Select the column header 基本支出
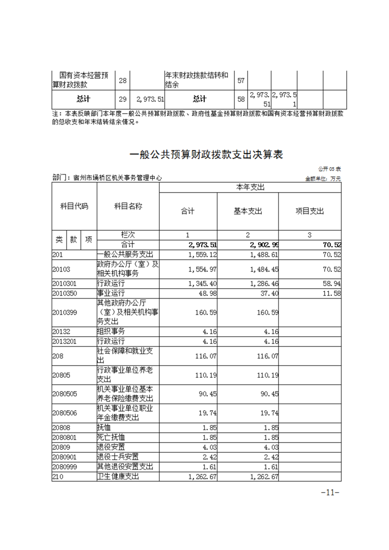(x=248, y=211)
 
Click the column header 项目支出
(x=309, y=211)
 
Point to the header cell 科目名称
(x=128, y=206)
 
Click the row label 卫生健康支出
(x=126, y=477)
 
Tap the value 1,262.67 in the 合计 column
(x=202, y=477)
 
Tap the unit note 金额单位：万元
(x=323, y=178)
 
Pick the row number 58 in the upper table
(x=241, y=99)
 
